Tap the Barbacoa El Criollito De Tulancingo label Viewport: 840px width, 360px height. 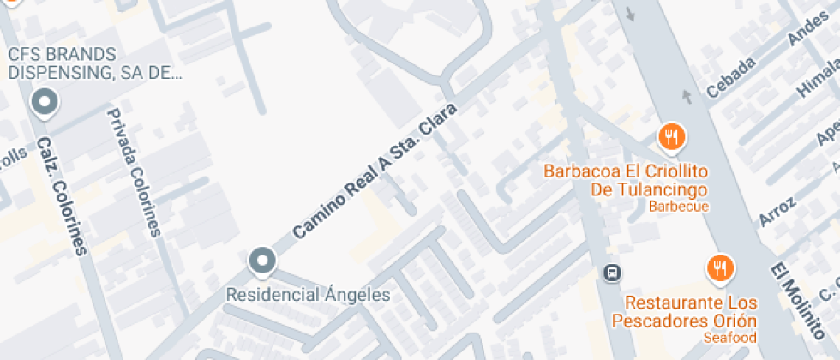pyautogui.click(x=625, y=180)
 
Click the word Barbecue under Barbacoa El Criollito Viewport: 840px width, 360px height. pyautogui.click(x=678, y=207)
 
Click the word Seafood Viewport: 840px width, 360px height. pyautogui.click(x=730, y=338)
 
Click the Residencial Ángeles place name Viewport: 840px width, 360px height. pyautogui.click(x=308, y=295)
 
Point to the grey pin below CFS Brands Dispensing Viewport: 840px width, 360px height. pyautogui.click(x=44, y=104)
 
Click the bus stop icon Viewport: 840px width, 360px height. pyautogui.click(x=612, y=273)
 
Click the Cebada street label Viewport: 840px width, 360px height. pyautogui.click(x=730, y=77)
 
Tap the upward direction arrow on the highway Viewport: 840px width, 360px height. pyautogui.click(x=686, y=95)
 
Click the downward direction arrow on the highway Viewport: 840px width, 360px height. pyautogui.click(x=632, y=15)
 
